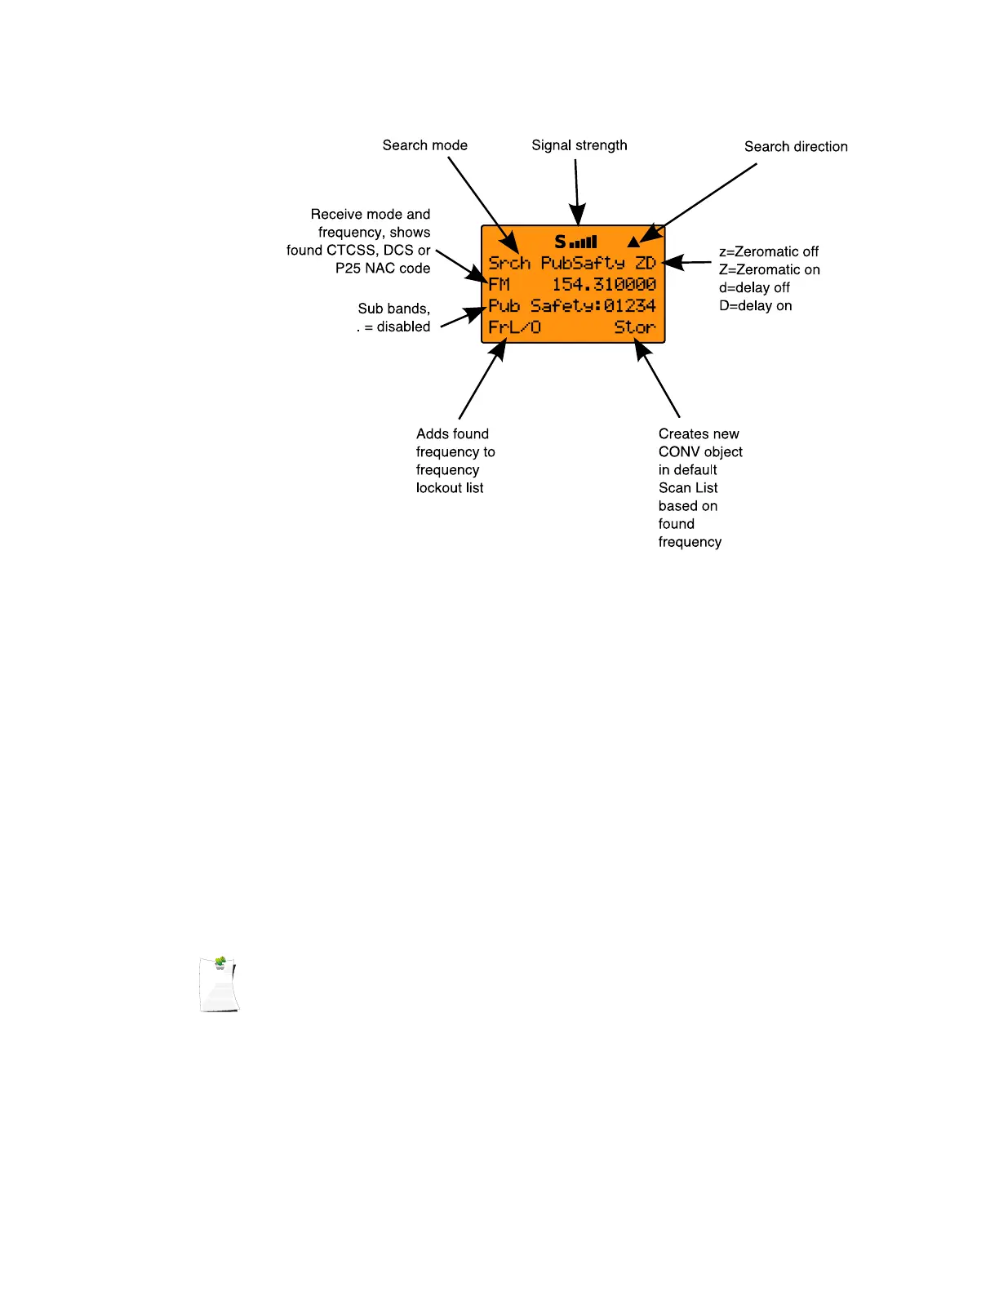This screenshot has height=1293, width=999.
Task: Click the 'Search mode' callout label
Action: point(424,145)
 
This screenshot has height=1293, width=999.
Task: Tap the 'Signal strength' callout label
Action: point(579,145)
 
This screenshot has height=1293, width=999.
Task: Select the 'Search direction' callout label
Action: point(796,147)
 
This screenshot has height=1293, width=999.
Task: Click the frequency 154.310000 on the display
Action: point(604,284)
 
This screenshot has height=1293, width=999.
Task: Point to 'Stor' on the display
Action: point(635,327)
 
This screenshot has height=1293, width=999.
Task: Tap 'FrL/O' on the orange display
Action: point(514,327)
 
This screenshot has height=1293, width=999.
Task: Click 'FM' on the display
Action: point(499,284)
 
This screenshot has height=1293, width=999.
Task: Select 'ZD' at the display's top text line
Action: point(646,263)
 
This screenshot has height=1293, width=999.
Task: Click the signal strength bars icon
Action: point(584,242)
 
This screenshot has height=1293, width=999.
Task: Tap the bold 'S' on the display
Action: point(560,242)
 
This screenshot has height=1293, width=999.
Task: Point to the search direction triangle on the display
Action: point(633,242)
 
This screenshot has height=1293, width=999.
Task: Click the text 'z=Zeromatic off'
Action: point(768,251)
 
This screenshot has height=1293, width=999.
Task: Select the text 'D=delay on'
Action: point(755,305)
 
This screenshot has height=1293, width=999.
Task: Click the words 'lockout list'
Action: point(450,488)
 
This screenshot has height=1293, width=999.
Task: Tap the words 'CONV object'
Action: point(700,452)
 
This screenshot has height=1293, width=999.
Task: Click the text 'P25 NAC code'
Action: point(383,269)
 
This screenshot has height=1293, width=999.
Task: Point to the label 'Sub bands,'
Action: point(393,309)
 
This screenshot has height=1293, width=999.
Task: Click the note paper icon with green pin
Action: point(220,984)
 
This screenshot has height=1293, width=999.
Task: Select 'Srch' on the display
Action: point(509,263)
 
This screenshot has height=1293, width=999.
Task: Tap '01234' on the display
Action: point(629,305)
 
